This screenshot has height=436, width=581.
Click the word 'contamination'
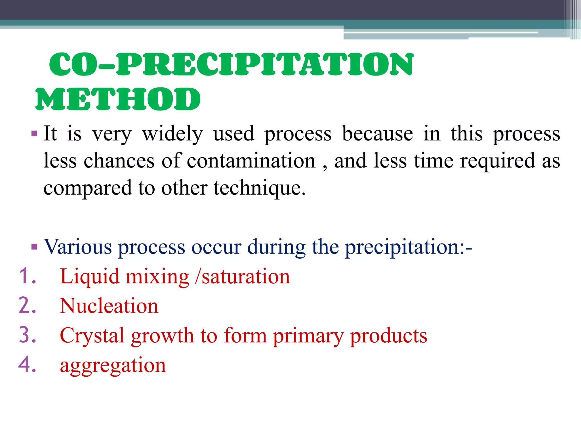coord(251,161)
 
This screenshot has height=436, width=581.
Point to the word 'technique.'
coord(260,188)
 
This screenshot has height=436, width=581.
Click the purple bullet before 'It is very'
coord(34,133)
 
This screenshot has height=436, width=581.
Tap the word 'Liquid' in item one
coord(90,276)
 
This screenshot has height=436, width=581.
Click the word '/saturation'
coord(243,276)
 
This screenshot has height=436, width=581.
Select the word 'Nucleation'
coord(109,306)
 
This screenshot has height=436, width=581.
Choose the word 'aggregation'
coord(113,366)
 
